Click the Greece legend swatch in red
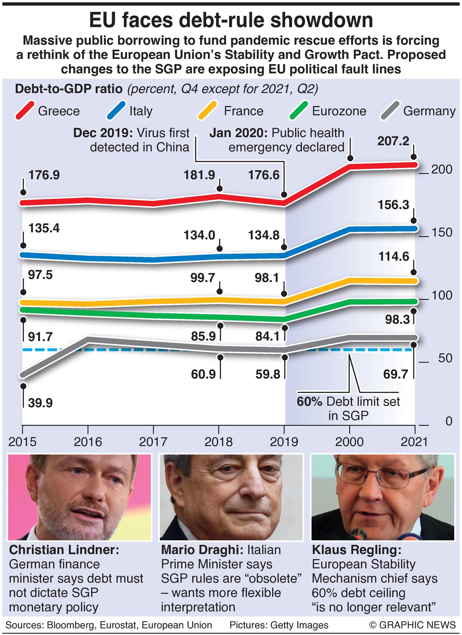25,111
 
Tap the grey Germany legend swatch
390,111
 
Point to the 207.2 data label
393,141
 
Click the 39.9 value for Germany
40,403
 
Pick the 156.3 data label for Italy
393,205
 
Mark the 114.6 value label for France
394,256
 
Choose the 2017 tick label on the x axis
153,441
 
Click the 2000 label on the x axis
350,441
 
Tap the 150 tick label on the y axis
442,232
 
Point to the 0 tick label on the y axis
449,421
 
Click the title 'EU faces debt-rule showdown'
231,20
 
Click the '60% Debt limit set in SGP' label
348,409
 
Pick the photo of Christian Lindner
80,497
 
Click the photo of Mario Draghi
231,497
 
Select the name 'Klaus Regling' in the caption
356,550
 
